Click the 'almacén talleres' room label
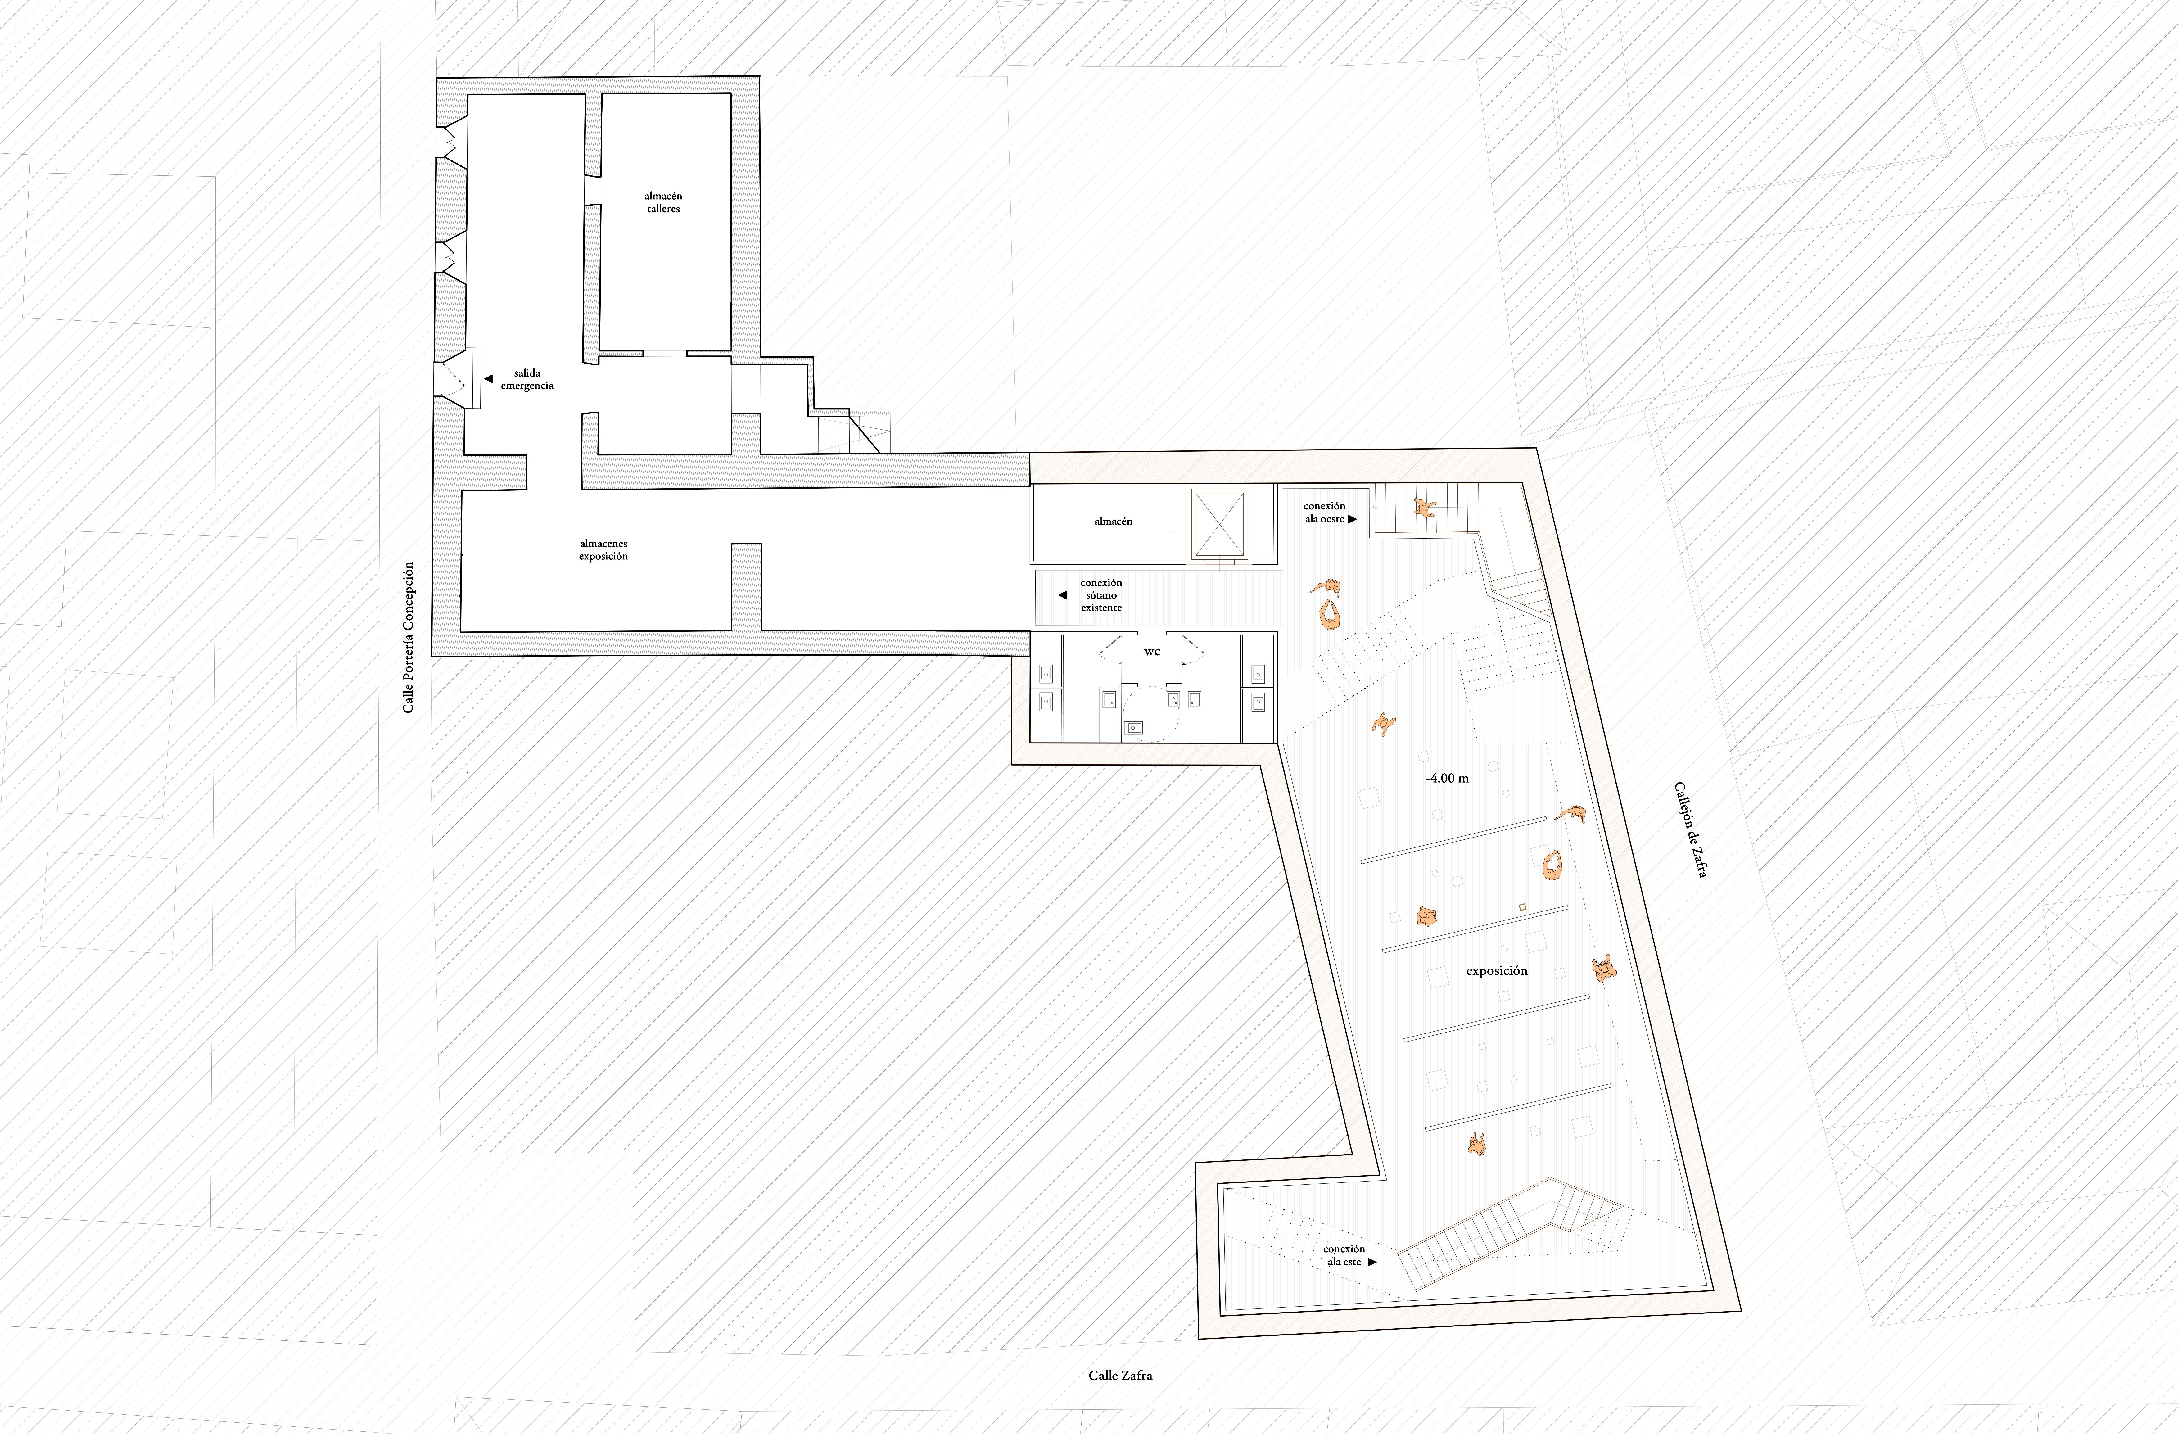tap(662, 202)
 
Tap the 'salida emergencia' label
tap(527, 379)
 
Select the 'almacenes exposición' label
tap(603, 550)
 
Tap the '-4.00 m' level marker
tap(1447, 778)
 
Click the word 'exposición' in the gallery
tap(1496, 970)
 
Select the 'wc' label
tap(1152, 652)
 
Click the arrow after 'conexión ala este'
tap(1373, 1262)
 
